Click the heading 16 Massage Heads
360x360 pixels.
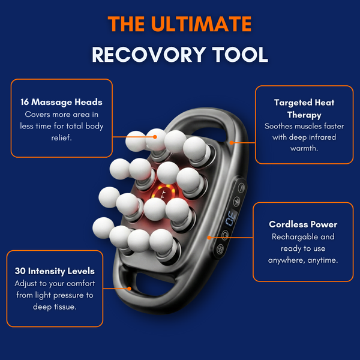point(61,102)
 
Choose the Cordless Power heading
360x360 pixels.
point(303,224)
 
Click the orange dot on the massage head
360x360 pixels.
point(155,137)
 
